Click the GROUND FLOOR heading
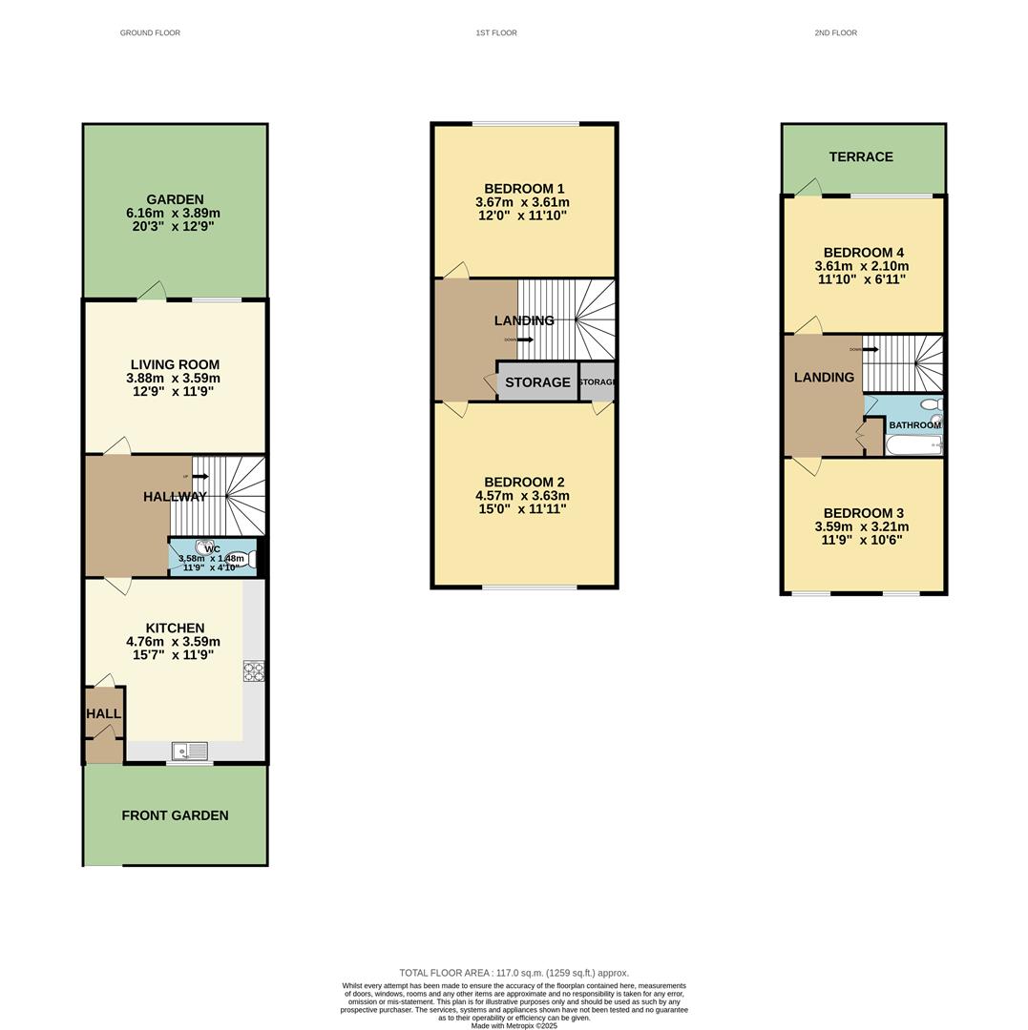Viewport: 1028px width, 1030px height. coord(150,33)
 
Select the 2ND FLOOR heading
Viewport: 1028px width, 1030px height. coord(835,33)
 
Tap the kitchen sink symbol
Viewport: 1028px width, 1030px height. coord(190,752)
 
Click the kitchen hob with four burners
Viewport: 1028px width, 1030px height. coord(254,670)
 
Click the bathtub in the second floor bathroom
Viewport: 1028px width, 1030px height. coord(913,445)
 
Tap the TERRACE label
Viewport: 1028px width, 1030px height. coord(861,157)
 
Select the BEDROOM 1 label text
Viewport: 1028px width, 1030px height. coord(524,189)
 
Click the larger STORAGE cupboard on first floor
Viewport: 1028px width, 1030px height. coord(537,382)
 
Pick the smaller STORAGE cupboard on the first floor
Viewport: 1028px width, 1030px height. coord(597,382)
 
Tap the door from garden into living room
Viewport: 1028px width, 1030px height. coord(152,292)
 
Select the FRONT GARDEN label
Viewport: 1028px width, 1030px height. coord(175,815)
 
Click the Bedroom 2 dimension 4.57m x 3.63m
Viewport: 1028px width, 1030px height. coord(522,496)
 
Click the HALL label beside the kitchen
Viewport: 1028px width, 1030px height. coord(103,713)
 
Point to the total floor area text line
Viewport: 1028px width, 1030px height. coord(514,973)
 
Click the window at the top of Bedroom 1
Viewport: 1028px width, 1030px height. coord(525,124)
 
